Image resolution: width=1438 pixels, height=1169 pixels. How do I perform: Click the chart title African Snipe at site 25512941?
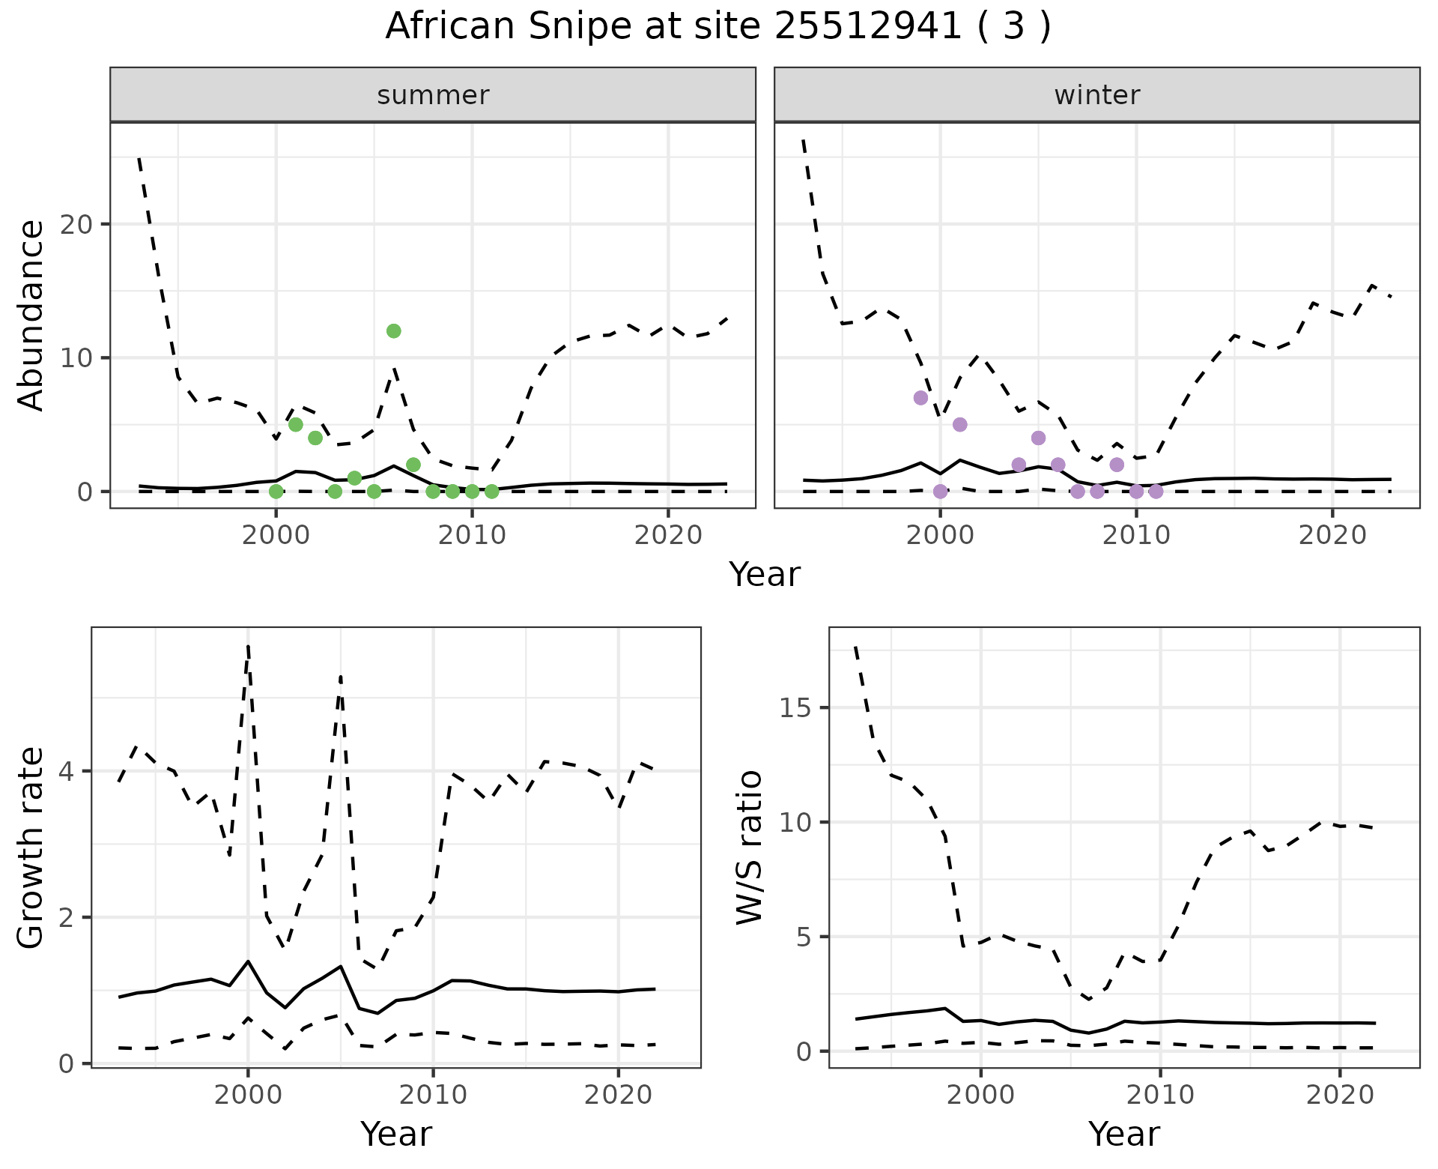(718, 27)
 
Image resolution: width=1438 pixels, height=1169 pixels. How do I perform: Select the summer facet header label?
(433, 95)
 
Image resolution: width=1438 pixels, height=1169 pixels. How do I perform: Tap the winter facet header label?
(1096, 95)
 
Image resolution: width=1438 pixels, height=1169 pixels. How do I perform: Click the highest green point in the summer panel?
(394, 331)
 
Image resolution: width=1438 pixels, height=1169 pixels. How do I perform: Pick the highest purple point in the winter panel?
(920, 398)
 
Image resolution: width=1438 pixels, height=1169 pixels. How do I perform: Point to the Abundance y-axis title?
(31, 315)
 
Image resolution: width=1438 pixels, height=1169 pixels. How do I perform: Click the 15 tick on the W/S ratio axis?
(798, 708)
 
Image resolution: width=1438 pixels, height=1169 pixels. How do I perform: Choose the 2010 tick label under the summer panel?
(472, 535)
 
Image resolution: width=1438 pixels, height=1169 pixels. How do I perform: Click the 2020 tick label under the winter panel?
(1332, 535)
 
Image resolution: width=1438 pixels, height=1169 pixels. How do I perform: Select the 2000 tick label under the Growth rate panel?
(248, 1095)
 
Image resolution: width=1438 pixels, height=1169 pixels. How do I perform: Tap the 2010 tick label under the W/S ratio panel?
(1160, 1095)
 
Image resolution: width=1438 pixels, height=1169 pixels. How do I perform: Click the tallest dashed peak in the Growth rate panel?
(248, 646)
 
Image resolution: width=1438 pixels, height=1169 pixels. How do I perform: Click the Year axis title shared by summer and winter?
(765, 575)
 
